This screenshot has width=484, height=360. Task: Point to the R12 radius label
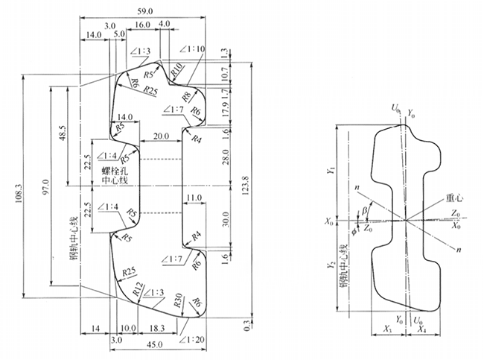[137, 288]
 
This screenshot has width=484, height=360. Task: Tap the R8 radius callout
[186, 95]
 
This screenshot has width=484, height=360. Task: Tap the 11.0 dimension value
[194, 198]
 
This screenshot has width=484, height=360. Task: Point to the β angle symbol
[364, 212]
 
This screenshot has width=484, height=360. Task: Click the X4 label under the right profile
[421, 329]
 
